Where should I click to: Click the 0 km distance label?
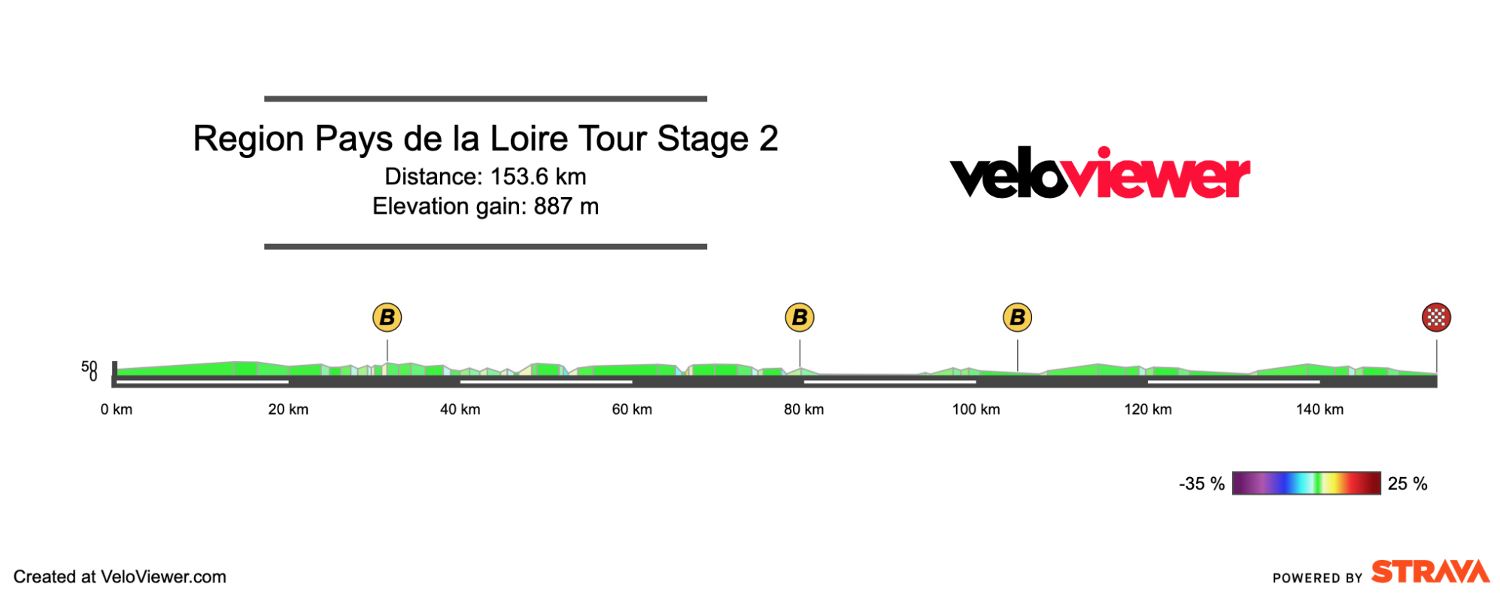pos(117,409)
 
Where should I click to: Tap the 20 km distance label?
pos(288,409)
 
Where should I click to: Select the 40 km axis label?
pos(460,409)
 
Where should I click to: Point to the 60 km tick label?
pos(632,409)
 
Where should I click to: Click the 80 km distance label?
pos(803,409)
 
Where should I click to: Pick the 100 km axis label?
pos(976,409)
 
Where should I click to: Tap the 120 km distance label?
pos(1148,409)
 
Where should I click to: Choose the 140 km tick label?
pos(1319,409)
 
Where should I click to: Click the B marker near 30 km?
pos(387,318)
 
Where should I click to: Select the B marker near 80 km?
pos(800,318)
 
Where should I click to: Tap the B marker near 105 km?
pos(1017,318)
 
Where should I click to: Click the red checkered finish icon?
pos(1436,318)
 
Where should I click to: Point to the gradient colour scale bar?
pos(1306,483)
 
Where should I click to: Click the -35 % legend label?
pos(1201,484)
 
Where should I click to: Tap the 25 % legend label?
pos(1407,484)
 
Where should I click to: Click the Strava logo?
pos(1429,572)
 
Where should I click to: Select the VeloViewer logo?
pos(1100,175)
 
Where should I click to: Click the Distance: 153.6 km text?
pos(485,177)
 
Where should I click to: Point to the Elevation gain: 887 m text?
pos(485,206)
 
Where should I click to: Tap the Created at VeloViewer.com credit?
pos(120,577)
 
